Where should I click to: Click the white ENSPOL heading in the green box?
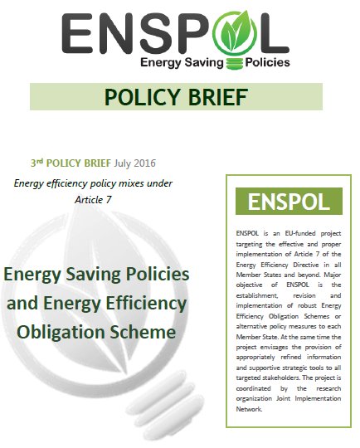click(x=282, y=201)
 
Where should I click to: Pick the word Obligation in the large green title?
click(x=64, y=333)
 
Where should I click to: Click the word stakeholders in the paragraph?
click(x=272, y=377)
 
